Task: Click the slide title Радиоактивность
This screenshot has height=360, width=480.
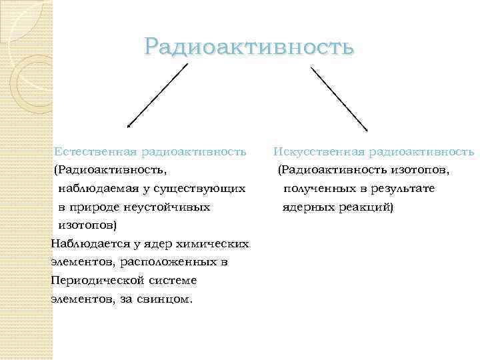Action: tap(248, 47)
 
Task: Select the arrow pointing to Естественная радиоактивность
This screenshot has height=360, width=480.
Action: tap(157, 95)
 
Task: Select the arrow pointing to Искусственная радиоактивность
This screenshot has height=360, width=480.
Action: tap(339, 95)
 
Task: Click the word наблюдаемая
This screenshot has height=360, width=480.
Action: tap(96, 189)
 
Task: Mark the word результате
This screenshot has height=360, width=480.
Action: tap(403, 189)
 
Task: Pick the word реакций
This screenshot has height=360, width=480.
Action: tap(365, 207)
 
